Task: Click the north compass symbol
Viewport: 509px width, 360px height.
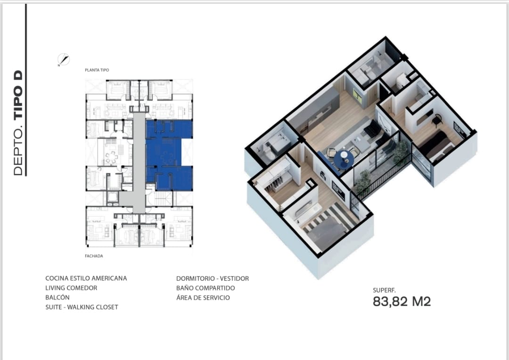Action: point(63,60)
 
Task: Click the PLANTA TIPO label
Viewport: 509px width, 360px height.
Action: point(97,70)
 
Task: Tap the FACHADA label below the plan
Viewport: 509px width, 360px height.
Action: point(94,256)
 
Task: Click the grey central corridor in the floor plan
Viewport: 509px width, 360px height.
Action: point(139,162)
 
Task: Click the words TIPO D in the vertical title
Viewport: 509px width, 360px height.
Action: point(18,94)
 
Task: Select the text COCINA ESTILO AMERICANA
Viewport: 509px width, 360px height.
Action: point(86,278)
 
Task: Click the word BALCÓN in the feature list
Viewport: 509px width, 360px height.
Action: point(57,297)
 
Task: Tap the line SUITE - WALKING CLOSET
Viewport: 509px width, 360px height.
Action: point(82,307)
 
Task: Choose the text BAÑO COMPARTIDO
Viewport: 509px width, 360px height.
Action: point(205,288)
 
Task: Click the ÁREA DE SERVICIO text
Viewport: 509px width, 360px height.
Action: point(203,298)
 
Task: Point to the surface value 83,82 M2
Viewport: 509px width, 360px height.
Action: point(402,302)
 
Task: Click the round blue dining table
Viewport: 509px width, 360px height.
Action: point(344,159)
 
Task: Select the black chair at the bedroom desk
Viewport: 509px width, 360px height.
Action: point(437,121)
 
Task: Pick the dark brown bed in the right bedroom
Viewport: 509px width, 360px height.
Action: point(435,146)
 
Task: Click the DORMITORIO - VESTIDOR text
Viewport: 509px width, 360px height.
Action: point(213,278)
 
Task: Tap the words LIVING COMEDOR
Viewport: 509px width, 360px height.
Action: point(71,288)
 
